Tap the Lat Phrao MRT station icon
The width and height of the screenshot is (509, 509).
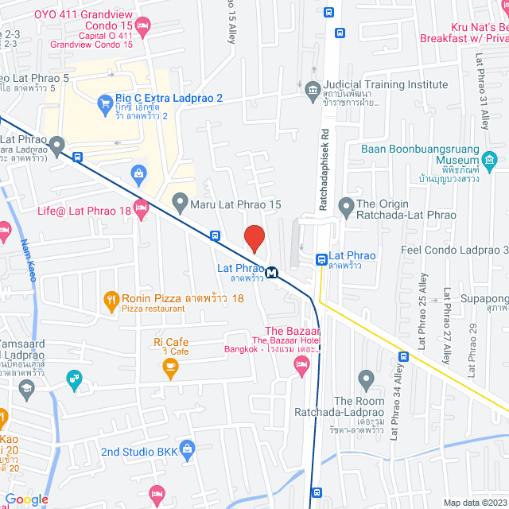point(272,273)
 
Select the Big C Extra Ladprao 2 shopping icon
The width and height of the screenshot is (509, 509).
point(104,102)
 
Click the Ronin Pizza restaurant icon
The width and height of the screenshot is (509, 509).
point(110,300)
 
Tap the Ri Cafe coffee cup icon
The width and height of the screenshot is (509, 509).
point(169,366)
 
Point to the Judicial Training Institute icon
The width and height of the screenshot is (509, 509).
point(312,87)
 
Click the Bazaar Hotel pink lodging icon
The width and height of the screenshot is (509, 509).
point(301,366)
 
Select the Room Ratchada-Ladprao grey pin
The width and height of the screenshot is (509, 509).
point(366,378)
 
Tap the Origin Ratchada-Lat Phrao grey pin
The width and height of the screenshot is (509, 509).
point(346,208)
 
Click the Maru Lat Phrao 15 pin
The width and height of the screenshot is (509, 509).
point(180,204)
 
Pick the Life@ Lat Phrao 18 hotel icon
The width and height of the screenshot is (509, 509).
point(141,210)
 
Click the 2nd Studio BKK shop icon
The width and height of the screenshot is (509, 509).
point(187,451)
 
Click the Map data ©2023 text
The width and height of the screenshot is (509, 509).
point(474,503)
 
